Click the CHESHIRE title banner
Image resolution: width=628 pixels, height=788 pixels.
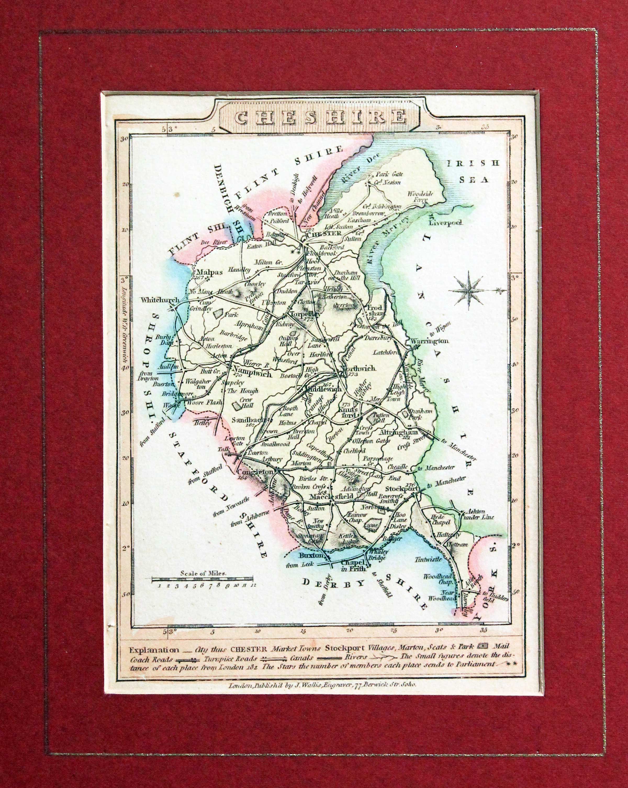tap(320, 117)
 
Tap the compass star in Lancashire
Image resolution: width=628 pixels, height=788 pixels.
tap(470, 291)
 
